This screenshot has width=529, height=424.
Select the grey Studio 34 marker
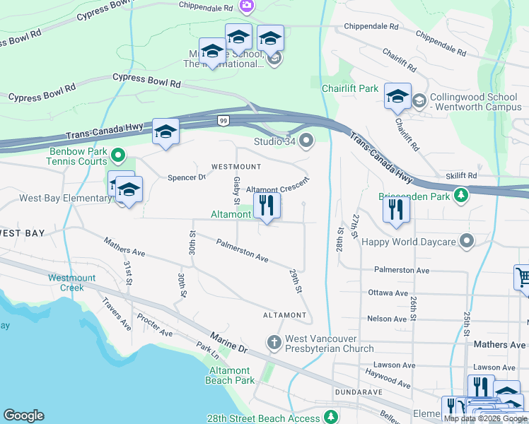click(x=306, y=142)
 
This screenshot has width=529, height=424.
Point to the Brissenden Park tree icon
click(x=461, y=194)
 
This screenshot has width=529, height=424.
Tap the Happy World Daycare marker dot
click(x=466, y=242)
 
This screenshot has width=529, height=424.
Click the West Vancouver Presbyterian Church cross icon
click(x=275, y=342)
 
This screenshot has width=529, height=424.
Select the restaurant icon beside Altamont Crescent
click(x=267, y=206)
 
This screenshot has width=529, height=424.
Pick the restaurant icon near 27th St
click(x=396, y=209)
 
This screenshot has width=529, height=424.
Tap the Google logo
click(x=23, y=416)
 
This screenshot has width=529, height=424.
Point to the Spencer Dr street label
click(x=186, y=177)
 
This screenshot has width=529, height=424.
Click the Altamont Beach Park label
click(x=229, y=375)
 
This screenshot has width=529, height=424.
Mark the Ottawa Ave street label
click(x=388, y=293)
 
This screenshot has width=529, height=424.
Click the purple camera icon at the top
click(x=247, y=6)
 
